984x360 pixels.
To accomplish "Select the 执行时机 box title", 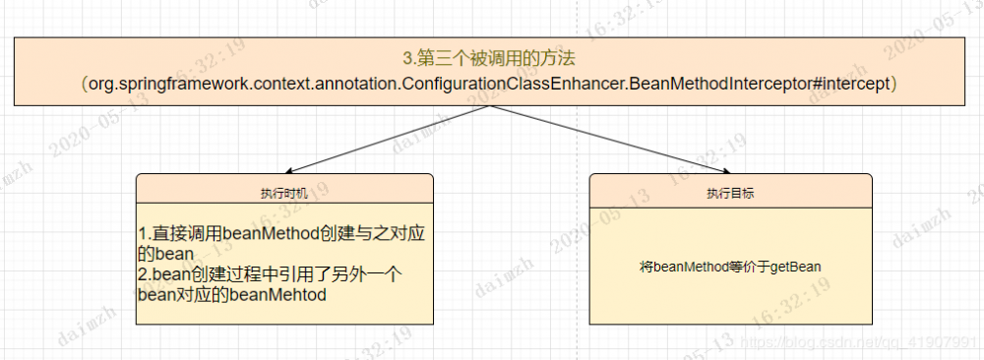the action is click(284, 194).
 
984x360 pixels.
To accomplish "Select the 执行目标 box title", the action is click(730, 194).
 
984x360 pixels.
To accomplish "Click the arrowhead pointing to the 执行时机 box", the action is click(286, 170).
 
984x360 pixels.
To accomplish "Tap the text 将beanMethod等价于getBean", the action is click(730, 266).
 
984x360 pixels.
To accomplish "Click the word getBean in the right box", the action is click(799, 266).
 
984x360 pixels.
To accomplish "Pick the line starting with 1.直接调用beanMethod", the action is click(286, 235).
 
